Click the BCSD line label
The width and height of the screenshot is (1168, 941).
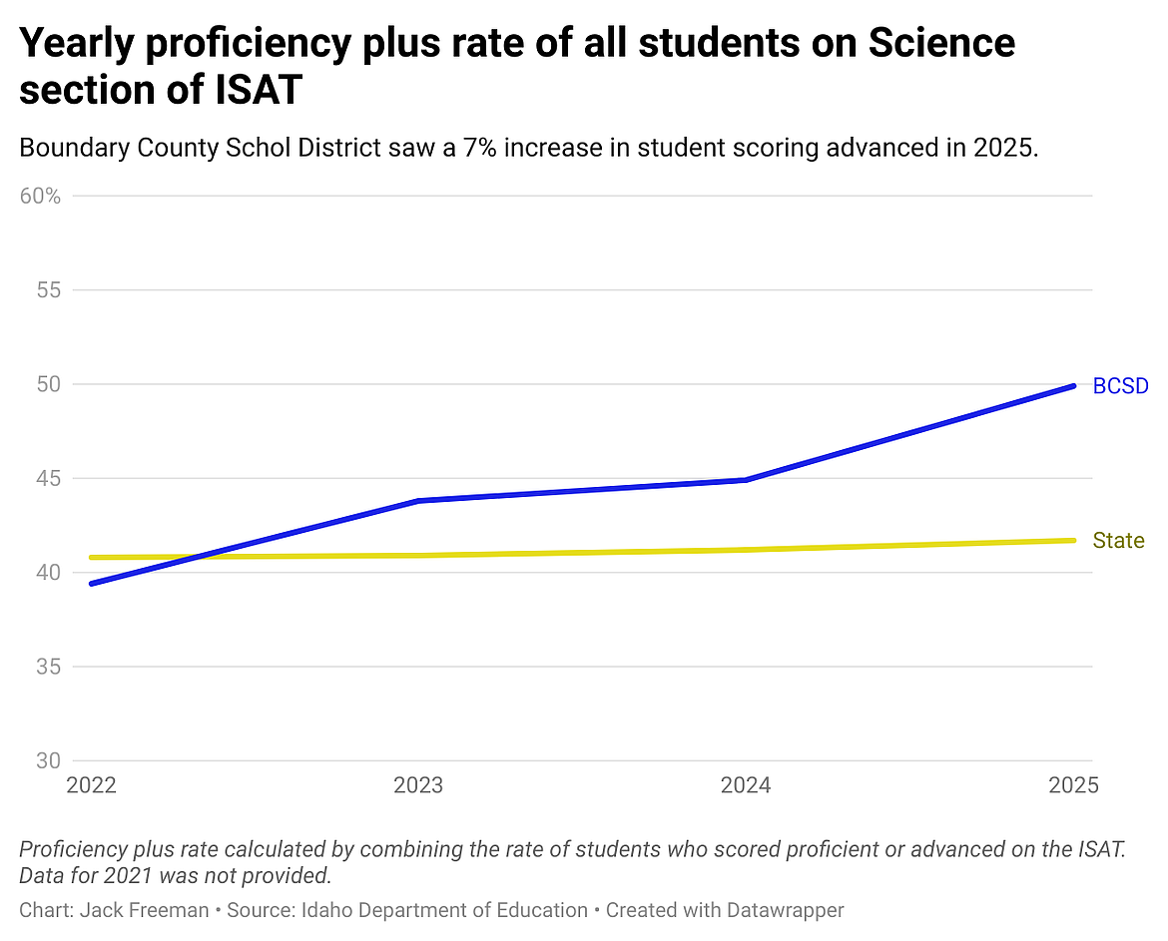tap(1121, 386)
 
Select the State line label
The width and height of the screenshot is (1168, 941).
tap(1118, 541)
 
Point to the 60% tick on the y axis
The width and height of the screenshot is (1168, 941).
tap(40, 196)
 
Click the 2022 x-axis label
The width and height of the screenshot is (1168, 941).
tap(92, 785)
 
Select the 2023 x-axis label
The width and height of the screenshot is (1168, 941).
tap(418, 785)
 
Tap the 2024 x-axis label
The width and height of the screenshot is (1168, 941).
tap(746, 785)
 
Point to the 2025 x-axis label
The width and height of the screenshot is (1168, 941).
tap(1073, 785)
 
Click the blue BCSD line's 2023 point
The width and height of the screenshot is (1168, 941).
tap(418, 500)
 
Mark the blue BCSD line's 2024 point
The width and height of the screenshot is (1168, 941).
tap(746, 480)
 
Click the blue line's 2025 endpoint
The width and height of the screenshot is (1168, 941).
tap(1073, 386)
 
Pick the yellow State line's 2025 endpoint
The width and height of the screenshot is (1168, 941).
tap(1073, 541)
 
